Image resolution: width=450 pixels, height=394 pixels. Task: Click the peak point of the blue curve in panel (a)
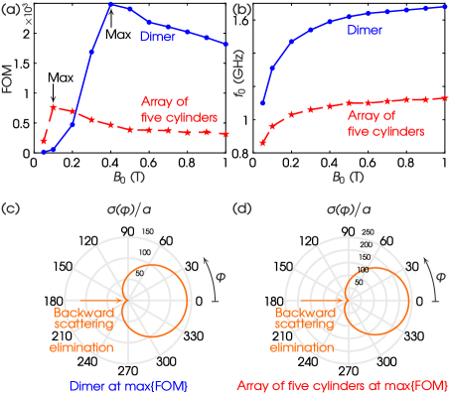pos(111,5)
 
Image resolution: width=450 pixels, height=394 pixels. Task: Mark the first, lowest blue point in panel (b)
pos(262,102)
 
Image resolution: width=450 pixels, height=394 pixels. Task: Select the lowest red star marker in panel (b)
pos(262,143)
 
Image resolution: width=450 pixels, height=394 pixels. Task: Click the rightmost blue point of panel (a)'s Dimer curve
pos(227,45)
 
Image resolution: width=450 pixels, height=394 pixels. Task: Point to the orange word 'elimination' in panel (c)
pos(79,348)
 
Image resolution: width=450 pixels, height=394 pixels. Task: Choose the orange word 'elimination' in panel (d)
pos(302,348)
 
